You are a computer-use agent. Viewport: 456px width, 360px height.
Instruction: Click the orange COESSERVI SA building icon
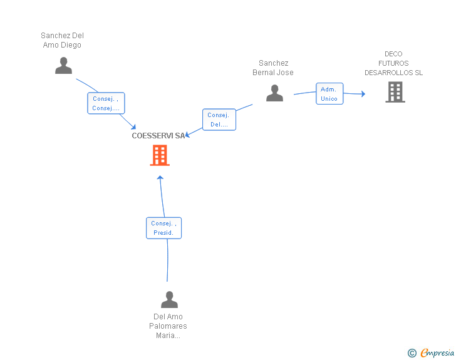pos(160,155)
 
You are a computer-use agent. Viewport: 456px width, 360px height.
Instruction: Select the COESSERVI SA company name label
pos(158,136)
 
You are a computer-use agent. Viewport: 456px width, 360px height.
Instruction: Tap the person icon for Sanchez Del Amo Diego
pos(63,66)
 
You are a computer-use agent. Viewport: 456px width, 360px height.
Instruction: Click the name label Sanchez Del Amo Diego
pos(62,40)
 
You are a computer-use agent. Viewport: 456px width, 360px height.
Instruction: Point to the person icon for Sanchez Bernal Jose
pos(274,93)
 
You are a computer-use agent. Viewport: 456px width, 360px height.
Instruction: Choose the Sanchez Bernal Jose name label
pos(273,68)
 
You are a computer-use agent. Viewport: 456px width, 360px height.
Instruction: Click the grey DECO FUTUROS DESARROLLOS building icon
pos(395,92)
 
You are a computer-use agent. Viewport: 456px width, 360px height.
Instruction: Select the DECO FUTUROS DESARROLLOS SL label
pos(393,63)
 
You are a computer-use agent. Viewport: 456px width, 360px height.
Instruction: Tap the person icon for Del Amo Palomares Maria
pos(169,299)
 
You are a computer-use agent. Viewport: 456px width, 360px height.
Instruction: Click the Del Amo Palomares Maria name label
pos(168,326)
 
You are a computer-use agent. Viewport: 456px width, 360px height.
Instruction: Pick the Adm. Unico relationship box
pos(329,94)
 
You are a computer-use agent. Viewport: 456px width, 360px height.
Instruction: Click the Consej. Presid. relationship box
pos(163,228)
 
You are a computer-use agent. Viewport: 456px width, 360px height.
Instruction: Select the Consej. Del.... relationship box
pos(219,120)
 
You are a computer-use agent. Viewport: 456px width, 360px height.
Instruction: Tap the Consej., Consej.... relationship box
pos(106,103)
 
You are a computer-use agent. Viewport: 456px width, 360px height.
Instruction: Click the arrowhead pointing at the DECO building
pos(363,94)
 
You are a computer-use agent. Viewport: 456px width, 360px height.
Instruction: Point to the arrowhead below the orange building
pos(160,177)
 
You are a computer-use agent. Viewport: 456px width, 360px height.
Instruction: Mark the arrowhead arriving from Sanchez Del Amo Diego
pos(133,127)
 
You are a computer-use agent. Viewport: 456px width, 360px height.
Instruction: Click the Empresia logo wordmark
pos(437,352)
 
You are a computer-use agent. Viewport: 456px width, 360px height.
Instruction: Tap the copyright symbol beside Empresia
pos(412,353)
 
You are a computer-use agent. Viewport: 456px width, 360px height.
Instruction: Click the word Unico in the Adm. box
pos(329,98)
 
